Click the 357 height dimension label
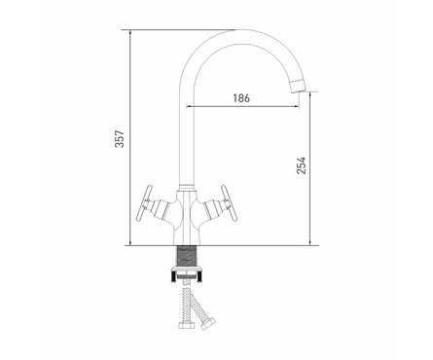[x=120, y=139]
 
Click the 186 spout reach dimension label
[x=241, y=98]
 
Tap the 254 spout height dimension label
[x=301, y=165]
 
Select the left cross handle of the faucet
[x=144, y=203]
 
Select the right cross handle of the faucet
[x=229, y=202]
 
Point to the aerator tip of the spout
[x=298, y=86]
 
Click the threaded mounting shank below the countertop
[x=187, y=256]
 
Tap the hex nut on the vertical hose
[x=186, y=325]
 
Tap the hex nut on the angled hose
[x=208, y=323]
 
